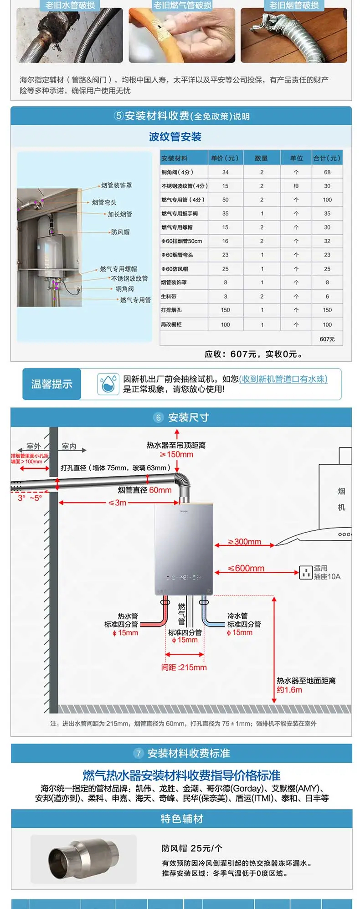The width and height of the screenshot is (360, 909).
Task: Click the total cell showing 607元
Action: [x=327, y=339]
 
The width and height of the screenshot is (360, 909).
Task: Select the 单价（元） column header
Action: [x=225, y=158]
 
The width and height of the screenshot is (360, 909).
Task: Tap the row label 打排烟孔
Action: [x=171, y=310]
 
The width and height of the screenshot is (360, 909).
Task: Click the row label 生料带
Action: [x=169, y=297]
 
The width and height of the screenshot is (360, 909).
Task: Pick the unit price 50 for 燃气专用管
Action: [x=225, y=200]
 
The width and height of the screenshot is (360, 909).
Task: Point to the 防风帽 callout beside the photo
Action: [x=120, y=232]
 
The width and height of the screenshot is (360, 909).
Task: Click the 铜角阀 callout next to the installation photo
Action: [x=124, y=289]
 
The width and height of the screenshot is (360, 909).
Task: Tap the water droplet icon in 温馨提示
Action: [x=108, y=384]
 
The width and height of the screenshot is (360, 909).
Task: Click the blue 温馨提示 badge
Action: [x=51, y=384]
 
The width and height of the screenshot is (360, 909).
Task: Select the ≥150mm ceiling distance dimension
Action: [x=176, y=454]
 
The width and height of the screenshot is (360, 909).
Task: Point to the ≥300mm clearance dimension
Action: [x=245, y=542]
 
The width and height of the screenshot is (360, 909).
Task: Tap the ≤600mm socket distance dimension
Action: [x=246, y=568]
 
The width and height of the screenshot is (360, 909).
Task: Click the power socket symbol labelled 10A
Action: [x=305, y=572]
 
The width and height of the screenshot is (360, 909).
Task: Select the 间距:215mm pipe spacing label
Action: [x=184, y=668]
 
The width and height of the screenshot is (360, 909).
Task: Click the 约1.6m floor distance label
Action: [x=289, y=690]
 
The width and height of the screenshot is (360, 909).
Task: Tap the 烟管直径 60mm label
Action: [x=144, y=490]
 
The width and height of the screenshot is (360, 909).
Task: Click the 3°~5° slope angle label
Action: [x=30, y=498]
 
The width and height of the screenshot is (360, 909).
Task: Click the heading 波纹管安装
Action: [x=175, y=137]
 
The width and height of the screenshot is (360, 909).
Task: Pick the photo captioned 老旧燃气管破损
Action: [x=182, y=35]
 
